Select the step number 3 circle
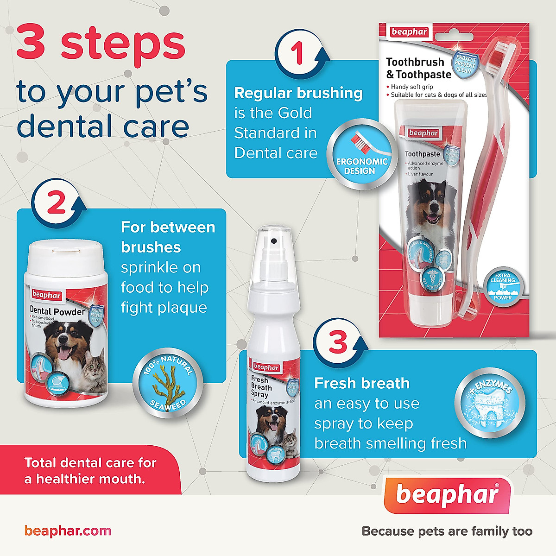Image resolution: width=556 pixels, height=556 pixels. pos(338,342)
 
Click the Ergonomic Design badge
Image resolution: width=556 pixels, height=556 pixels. pos(362,155)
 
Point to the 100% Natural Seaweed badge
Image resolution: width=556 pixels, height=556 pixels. pos(168,383)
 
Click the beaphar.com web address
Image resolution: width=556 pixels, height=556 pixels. pos(68,531)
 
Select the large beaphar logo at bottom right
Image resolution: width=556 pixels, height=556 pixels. pos(448,495)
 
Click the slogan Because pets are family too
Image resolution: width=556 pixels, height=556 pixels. pos(447,531)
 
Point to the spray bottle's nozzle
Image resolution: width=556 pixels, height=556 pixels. pos(273,241)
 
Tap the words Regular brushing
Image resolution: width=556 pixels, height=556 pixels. pos(298,93)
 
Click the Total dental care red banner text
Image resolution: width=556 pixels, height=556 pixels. pos(90,470)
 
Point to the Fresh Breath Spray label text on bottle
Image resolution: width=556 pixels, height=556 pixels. pos(261,387)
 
